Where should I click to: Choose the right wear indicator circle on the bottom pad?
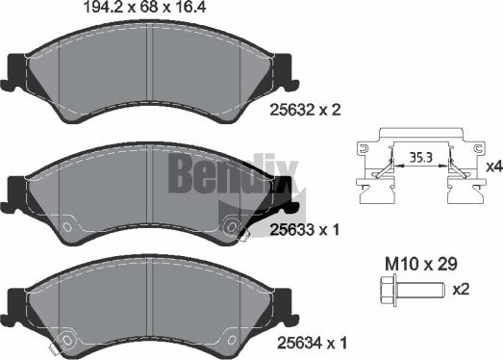[x=232, y=338]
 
